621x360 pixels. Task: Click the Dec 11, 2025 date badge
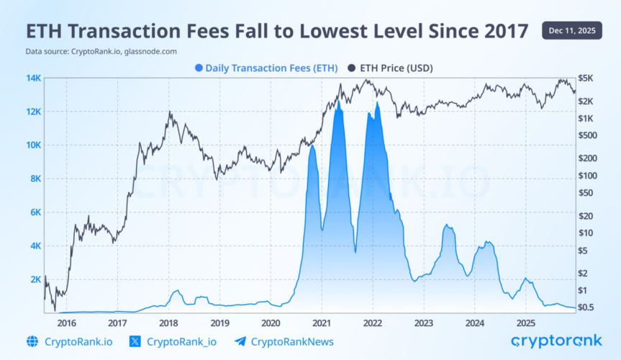(x=572, y=31)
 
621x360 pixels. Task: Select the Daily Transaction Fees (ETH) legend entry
(x=268, y=68)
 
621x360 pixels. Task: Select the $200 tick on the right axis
(x=587, y=158)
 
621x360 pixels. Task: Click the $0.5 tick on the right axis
(x=587, y=307)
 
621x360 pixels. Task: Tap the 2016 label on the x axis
(x=66, y=323)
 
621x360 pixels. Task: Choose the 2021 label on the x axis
(x=322, y=323)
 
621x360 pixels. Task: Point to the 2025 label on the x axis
(x=525, y=323)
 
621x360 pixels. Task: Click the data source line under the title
(x=101, y=52)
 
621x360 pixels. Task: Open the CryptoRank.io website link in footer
(x=78, y=342)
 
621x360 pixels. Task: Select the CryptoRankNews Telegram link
(x=292, y=342)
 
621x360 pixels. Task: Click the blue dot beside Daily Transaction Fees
(x=199, y=68)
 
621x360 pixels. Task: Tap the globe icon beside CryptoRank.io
(x=32, y=342)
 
